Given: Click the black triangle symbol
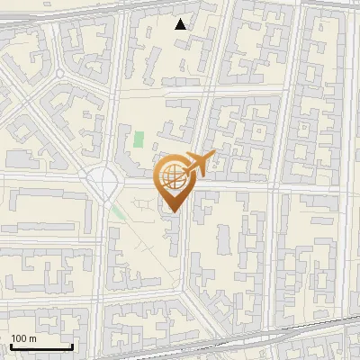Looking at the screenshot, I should [x=182, y=24].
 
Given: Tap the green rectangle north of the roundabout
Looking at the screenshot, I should [x=139, y=139].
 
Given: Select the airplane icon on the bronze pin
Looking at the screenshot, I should [x=196, y=163].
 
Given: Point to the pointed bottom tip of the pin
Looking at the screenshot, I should [x=174, y=212].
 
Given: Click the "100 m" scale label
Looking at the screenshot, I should [x=22, y=338].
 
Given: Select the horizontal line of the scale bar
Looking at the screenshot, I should [x=40, y=346].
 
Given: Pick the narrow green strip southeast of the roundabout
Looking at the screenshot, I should [x=119, y=214].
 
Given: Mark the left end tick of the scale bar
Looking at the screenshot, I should [x=10, y=345].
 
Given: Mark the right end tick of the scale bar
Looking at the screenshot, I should [x=72, y=345].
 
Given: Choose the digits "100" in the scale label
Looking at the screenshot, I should [x=19, y=338].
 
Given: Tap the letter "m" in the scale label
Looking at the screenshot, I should [x=31, y=338].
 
